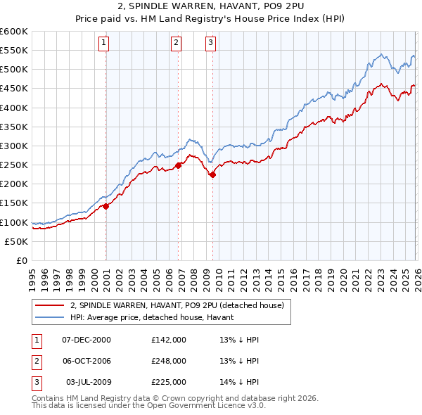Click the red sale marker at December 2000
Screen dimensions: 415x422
(106, 206)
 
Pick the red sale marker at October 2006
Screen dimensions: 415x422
(179, 165)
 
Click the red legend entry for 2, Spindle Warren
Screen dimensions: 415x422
(177, 305)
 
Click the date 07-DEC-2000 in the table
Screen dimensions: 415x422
(87, 339)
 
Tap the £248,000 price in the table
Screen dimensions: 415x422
(169, 360)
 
